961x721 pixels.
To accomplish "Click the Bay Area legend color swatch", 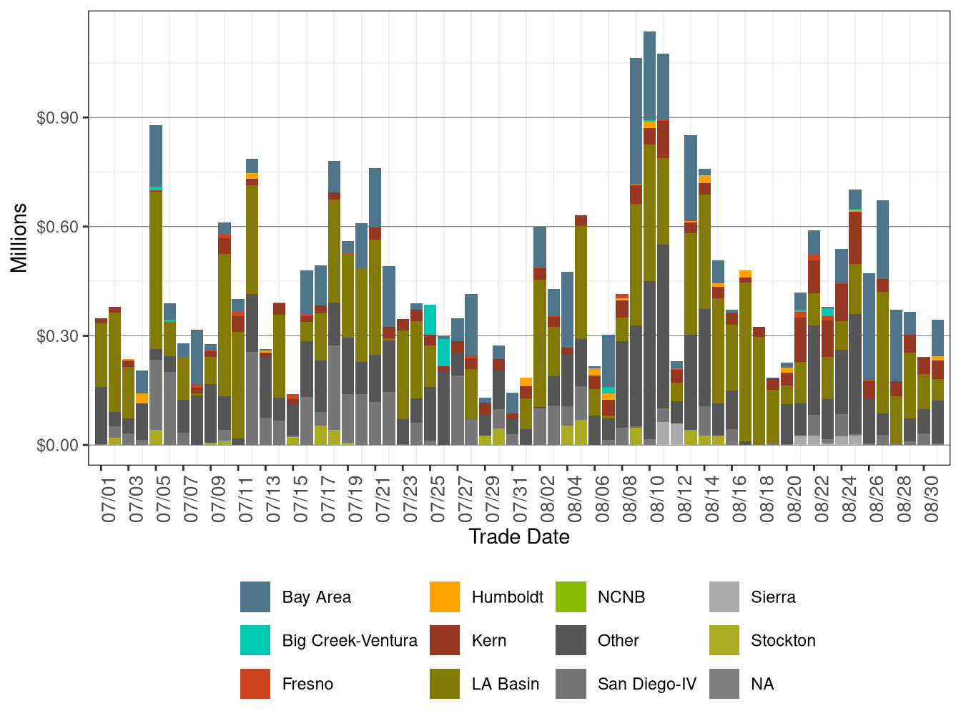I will pyautogui.click(x=255, y=597).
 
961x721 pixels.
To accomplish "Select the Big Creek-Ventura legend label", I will pyautogui.click(x=350, y=641).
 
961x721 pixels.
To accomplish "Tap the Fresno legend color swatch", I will pyautogui.click(x=255, y=685).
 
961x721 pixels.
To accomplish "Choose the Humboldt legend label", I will pyautogui.click(x=507, y=597).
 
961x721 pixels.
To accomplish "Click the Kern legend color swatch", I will pyautogui.click(x=445, y=641).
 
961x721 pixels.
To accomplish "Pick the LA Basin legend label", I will pyautogui.click(x=505, y=685).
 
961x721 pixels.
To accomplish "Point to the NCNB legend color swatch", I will pyautogui.click(x=571, y=597).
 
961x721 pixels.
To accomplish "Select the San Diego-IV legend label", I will pyautogui.click(x=646, y=685).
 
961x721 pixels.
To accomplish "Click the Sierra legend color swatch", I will pyautogui.click(x=724, y=597).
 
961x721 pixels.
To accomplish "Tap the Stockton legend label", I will pyautogui.click(x=783, y=641).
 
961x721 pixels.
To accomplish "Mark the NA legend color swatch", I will pyautogui.click(x=724, y=685).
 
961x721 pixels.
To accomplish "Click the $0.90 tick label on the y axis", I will pyautogui.click(x=57, y=118).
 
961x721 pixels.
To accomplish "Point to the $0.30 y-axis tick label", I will pyautogui.click(x=57, y=336).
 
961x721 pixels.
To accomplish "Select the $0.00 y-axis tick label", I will pyautogui.click(x=57, y=446).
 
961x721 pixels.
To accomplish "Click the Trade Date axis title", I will pyautogui.click(x=519, y=537).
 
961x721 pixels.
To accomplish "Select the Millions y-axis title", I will pyautogui.click(x=19, y=238).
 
